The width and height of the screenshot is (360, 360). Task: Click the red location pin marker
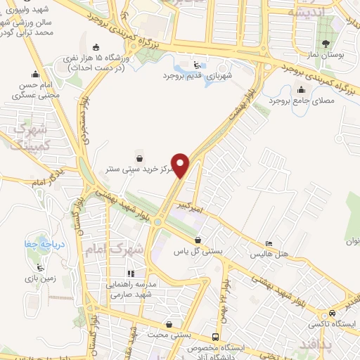[x=182, y=165]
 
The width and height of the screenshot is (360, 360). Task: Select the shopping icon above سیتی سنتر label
[x=141, y=158]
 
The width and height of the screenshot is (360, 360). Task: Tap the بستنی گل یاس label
[x=199, y=251]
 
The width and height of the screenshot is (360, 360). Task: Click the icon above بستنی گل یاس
[x=199, y=240]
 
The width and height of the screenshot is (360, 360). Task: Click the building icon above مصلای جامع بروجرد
[x=302, y=89]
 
